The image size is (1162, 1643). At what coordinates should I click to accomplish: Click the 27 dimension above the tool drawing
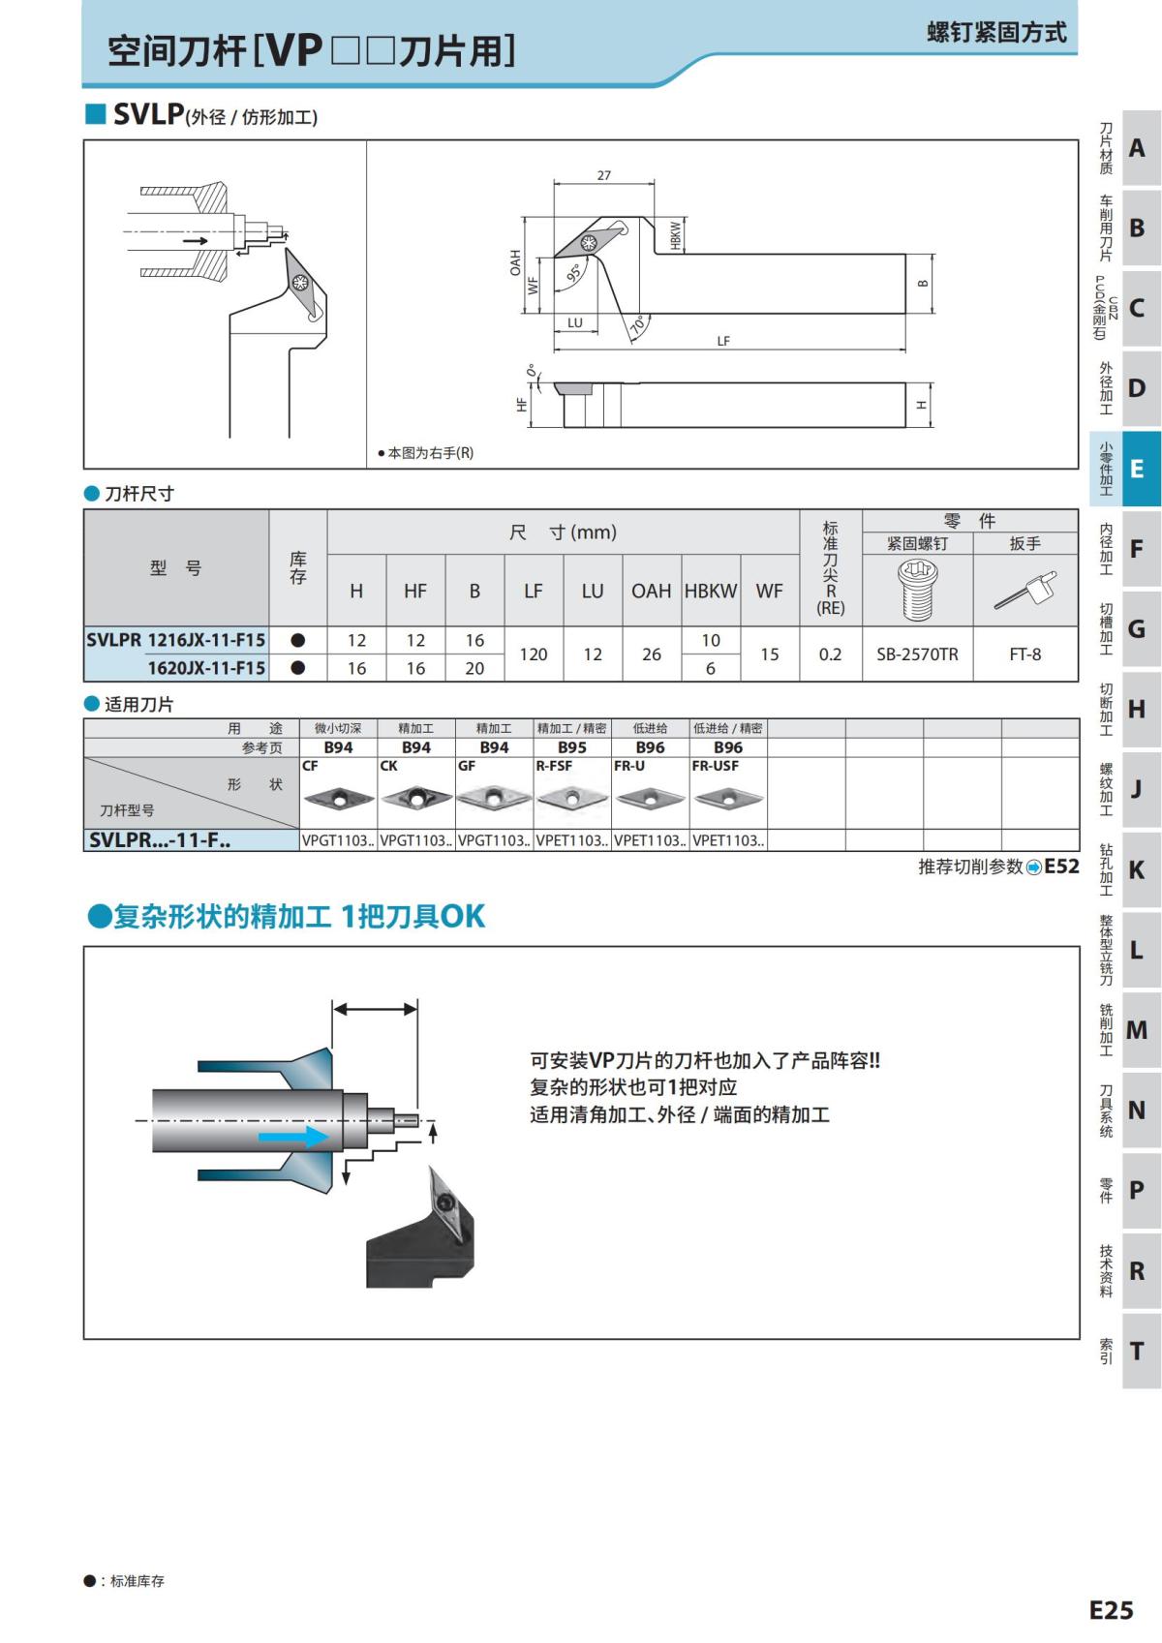(x=604, y=175)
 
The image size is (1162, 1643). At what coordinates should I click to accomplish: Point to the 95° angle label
(x=574, y=274)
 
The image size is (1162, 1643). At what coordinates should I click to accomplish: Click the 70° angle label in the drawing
(x=637, y=325)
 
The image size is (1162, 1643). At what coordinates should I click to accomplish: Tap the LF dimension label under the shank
(x=723, y=341)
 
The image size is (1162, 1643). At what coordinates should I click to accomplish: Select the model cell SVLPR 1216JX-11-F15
(x=176, y=640)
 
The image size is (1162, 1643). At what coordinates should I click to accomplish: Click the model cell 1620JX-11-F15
(x=205, y=668)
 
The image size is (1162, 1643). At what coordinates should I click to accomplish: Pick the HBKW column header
(x=711, y=591)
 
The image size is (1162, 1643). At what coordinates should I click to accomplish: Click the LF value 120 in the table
(x=534, y=654)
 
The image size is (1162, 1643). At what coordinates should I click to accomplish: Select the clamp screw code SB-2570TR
(x=917, y=654)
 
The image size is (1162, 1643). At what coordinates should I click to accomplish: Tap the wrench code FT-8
(x=1024, y=654)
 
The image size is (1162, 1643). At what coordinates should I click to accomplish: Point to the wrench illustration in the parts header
(x=1024, y=590)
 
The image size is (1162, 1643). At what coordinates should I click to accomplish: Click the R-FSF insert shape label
(x=554, y=765)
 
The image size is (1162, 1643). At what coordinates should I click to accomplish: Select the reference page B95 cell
(x=571, y=747)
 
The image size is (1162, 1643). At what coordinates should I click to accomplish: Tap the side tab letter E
(x=1137, y=469)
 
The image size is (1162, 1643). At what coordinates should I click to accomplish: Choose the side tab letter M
(x=1137, y=1030)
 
